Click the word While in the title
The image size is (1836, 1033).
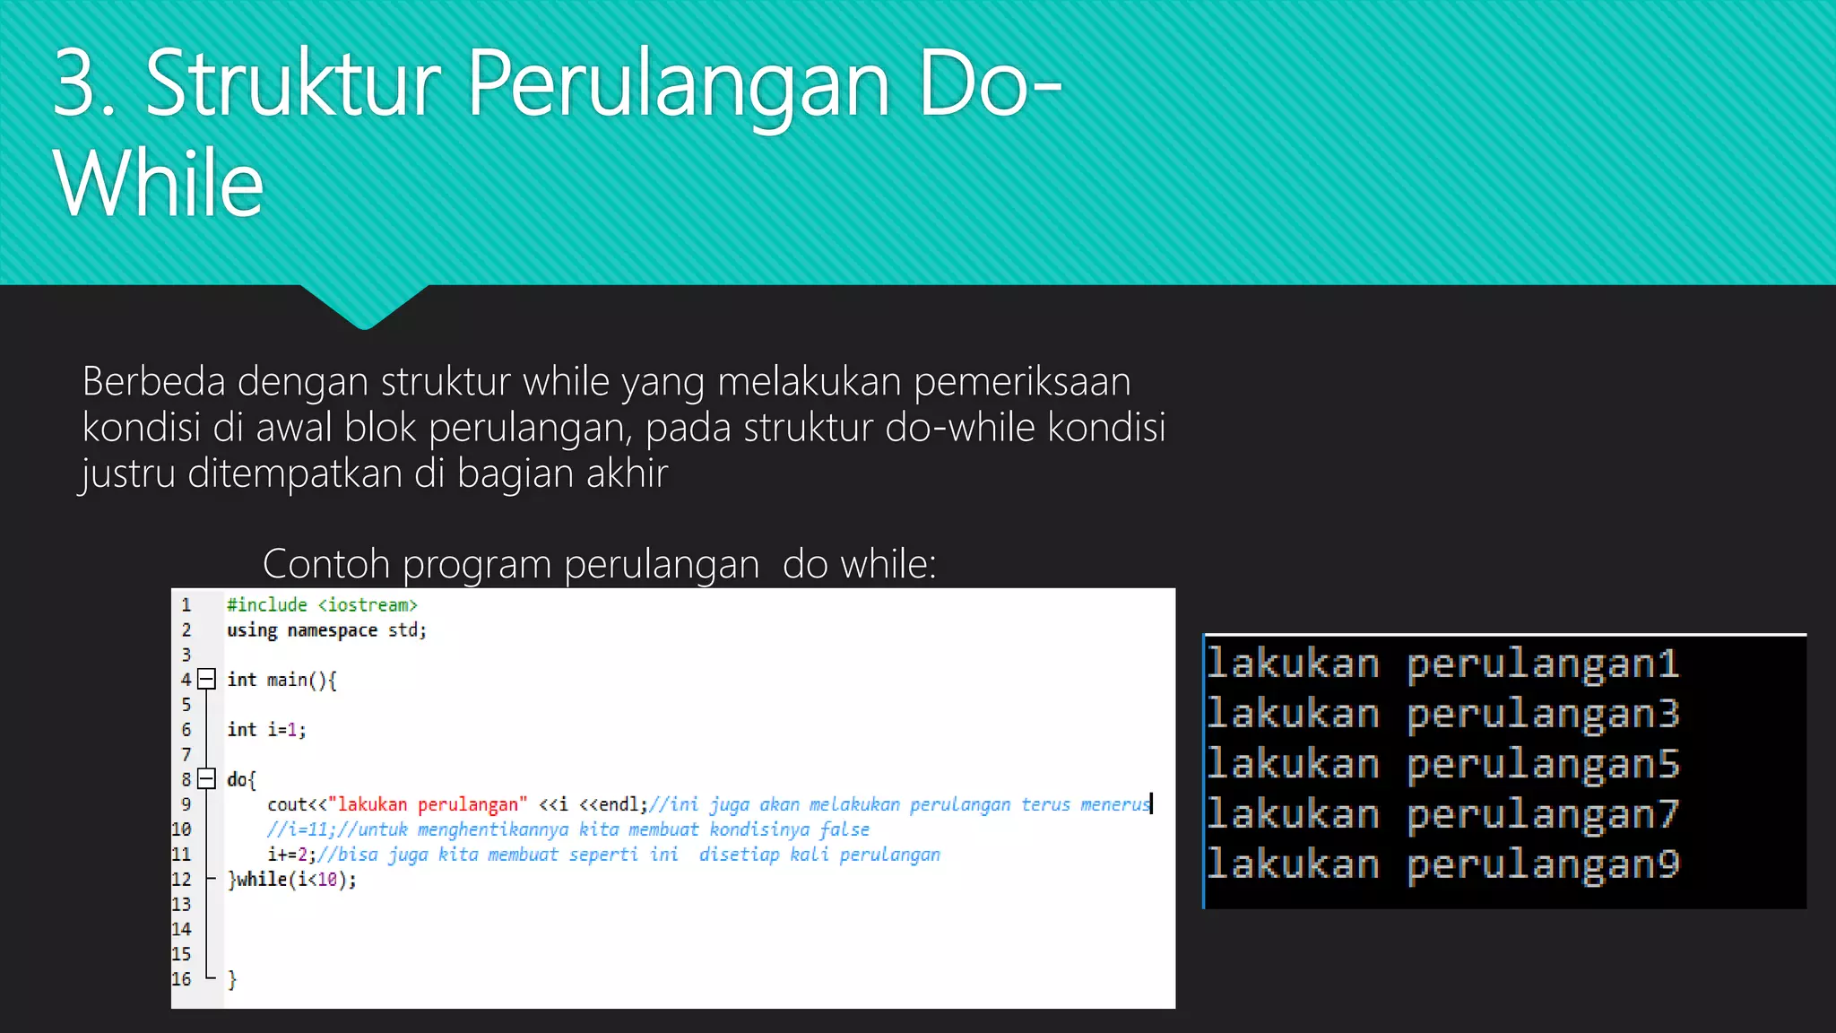click(x=158, y=184)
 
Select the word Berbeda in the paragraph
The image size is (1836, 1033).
click(x=153, y=382)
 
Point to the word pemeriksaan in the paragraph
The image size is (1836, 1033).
click(x=1022, y=382)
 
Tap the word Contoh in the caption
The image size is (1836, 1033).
click(x=326, y=564)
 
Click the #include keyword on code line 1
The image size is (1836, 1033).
click(x=266, y=605)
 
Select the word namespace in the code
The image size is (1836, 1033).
click(x=332, y=630)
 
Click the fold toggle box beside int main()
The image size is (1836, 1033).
click(x=206, y=679)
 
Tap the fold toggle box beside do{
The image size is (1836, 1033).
click(x=206, y=778)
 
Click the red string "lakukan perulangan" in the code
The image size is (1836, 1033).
click(x=428, y=804)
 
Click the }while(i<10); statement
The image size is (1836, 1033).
click(x=292, y=880)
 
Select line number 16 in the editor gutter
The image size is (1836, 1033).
click(x=181, y=979)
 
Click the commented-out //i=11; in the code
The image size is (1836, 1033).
click(x=300, y=829)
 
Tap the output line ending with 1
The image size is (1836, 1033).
click(x=1442, y=664)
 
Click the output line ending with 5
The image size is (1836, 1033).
click(x=1442, y=765)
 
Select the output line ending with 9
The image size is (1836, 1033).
click(x=1442, y=865)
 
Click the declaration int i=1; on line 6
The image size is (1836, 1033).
click(x=266, y=730)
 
